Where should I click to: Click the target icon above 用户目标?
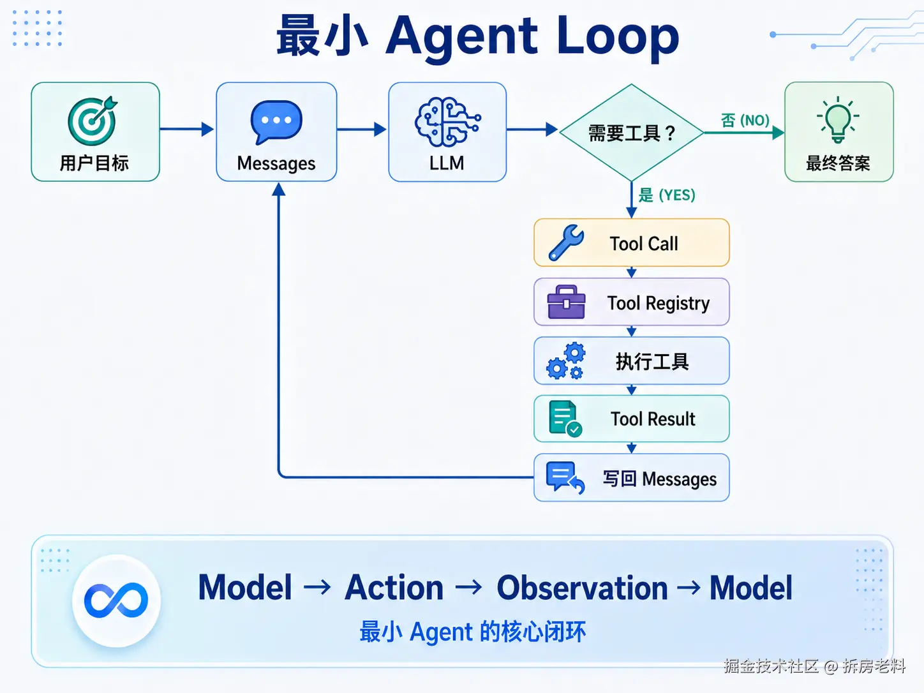tap(92, 121)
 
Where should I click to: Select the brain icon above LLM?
tap(447, 122)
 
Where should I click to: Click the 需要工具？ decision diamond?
tap(632, 133)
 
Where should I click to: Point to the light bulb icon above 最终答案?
tap(838, 120)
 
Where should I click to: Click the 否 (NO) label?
tap(745, 121)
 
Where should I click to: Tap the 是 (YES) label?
tap(667, 195)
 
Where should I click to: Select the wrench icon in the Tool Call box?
tap(566, 242)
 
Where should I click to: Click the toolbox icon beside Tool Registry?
tap(566, 302)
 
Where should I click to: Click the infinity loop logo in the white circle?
tap(116, 600)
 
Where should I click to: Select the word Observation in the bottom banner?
tap(582, 587)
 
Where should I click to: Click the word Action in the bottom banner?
tap(394, 587)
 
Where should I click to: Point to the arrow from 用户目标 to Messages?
tap(187, 129)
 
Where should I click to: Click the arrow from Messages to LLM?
tap(362, 129)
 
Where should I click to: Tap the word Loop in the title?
tap(618, 39)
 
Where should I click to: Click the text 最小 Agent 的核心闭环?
tap(473, 632)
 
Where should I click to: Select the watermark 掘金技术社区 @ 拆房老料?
tap(815, 666)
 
